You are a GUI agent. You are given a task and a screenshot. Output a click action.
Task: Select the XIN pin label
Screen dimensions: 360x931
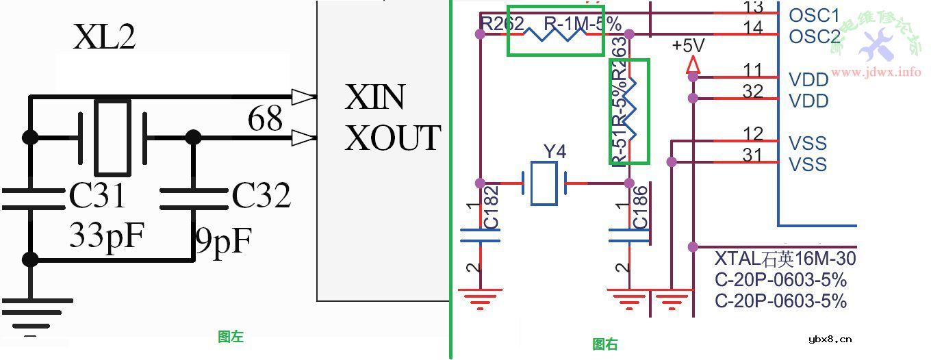point(376,98)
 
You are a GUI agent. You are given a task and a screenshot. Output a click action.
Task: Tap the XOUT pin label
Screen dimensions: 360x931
point(393,138)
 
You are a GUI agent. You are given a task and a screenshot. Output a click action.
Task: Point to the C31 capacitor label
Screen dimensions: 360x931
point(98,196)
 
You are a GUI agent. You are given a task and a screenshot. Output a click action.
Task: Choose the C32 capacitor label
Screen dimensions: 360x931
point(261,196)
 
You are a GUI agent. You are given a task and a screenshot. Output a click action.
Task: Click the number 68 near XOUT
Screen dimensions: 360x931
point(266,118)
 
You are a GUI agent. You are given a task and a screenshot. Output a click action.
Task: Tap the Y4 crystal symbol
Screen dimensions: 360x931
point(545,183)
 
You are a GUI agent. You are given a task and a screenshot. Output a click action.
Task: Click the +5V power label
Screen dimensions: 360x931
point(688,47)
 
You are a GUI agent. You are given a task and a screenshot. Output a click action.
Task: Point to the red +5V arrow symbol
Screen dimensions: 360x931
point(693,64)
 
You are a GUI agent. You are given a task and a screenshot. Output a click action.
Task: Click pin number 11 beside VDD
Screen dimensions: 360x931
point(753,70)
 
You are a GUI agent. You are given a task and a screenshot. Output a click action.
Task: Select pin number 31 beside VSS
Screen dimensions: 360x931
point(753,156)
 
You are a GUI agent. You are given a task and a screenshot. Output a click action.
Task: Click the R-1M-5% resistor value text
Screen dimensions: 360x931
point(583,24)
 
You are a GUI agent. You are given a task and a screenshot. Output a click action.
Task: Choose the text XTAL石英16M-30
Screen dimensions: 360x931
point(785,259)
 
